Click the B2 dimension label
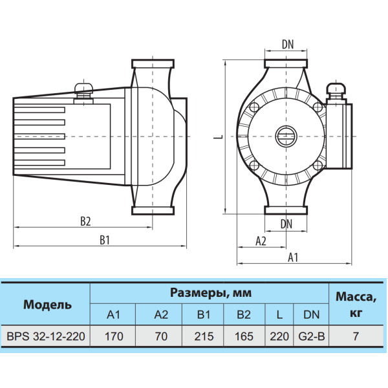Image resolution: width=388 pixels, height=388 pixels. [85, 221]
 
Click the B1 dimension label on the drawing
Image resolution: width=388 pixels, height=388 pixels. [105, 240]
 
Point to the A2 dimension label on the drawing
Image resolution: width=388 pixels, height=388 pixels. [261, 241]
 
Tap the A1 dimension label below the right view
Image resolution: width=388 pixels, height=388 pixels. [293, 257]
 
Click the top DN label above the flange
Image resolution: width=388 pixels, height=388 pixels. [288, 45]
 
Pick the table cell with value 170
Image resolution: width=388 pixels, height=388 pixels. [114, 336]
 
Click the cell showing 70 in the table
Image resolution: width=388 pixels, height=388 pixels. [161, 336]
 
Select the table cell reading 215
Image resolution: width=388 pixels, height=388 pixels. [204, 336]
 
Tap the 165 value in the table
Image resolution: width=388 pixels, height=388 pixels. [244, 336]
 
